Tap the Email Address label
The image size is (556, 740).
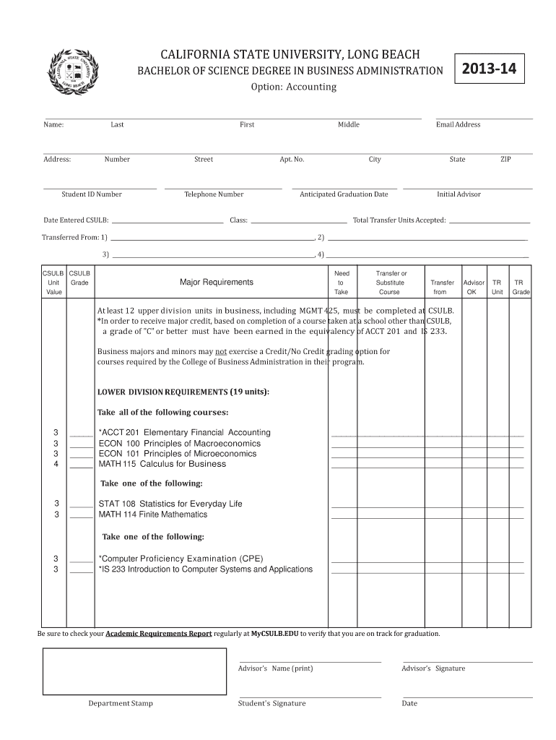[458, 124]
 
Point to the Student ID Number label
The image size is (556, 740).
[92, 194]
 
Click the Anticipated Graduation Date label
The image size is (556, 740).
[344, 194]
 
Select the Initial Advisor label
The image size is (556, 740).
[459, 194]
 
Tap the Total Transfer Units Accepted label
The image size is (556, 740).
[399, 220]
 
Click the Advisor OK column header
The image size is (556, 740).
[474, 288]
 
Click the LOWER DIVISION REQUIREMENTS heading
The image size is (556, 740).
[183, 392]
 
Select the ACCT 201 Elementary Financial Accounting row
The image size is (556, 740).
[184, 432]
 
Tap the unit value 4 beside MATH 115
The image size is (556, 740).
[56, 464]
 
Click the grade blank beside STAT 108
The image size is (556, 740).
[81, 504]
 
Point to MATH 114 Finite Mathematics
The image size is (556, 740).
[152, 515]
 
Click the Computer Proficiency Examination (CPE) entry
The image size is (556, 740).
[181, 559]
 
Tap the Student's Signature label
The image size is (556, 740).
[272, 703]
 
